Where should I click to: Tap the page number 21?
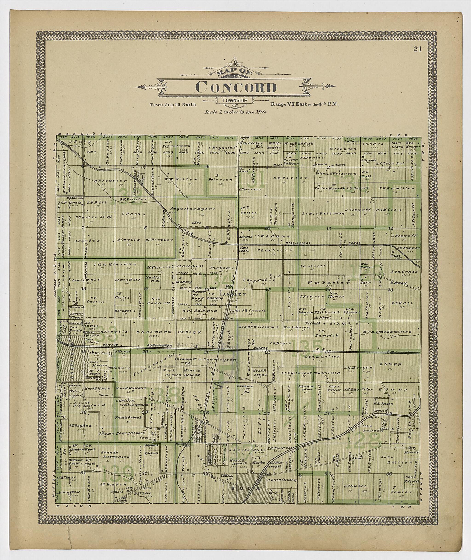click(x=418, y=49)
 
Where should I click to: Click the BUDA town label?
click(x=245, y=488)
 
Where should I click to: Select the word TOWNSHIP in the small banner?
click(x=235, y=100)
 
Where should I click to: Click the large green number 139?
click(x=118, y=473)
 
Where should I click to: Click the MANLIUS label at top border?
click(x=80, y=133)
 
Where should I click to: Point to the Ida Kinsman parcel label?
click(x=115, y=264)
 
